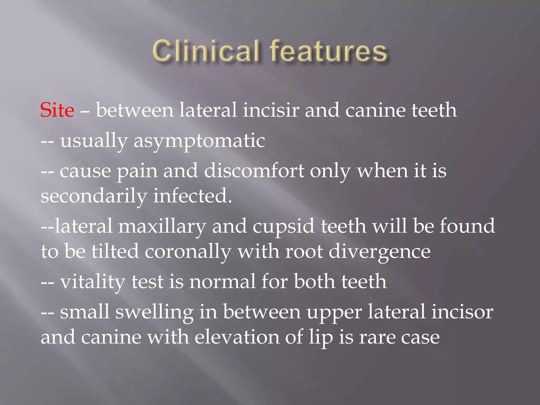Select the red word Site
tap(57, 110)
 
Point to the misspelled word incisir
tap(271, 110)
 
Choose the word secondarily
tap(94, 196)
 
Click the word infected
tap(192, 196)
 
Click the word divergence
tap(379, 252)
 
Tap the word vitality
tap(93, 282)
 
